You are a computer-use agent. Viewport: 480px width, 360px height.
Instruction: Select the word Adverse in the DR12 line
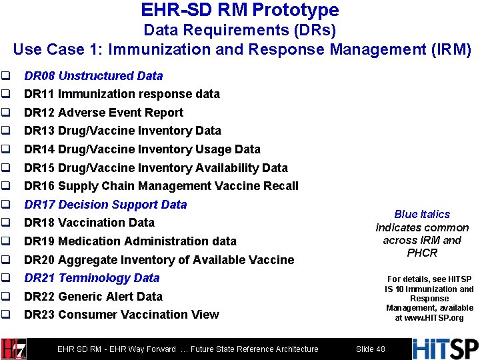coord(81,113)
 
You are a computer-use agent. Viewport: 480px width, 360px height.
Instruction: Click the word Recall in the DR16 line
coord(280,186)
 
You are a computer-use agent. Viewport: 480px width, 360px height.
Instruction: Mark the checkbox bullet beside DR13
coord(6,131)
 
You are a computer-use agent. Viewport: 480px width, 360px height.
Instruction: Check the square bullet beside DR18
coord(6,223)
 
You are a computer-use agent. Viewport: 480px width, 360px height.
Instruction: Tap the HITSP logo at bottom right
coord(445,349)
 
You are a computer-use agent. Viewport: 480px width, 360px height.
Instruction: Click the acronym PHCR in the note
coord(422,253)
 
